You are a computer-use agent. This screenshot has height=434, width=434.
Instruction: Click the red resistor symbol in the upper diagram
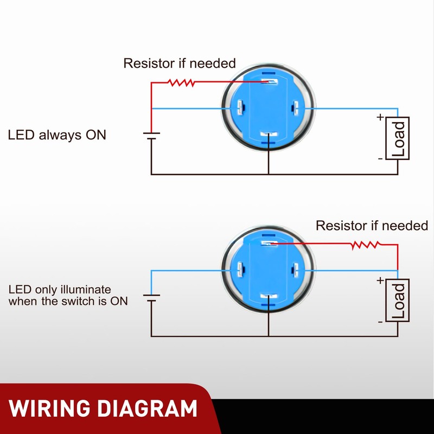[181, 82]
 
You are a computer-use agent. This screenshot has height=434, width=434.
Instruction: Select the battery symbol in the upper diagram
[151, 135]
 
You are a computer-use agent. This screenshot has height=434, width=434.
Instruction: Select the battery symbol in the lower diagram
[151, 298]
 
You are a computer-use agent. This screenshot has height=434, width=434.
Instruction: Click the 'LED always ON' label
[57, 135]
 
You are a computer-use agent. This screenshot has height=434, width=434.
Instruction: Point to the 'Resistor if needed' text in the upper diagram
[180, 63]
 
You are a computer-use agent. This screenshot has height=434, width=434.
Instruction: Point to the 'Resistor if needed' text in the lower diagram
[372, 225]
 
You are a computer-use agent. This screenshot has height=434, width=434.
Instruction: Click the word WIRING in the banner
[54, 409]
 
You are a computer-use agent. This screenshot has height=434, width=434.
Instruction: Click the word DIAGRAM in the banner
[150, 409]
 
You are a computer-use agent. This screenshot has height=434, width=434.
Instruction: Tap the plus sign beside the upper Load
[380, 117]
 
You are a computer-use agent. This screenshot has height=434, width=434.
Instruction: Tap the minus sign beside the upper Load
[380, 158]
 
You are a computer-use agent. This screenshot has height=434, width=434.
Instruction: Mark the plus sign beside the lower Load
[380, 280]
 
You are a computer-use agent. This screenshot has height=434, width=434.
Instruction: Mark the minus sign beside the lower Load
[380, 321]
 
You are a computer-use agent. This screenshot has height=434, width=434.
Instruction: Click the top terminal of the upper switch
[269, 82]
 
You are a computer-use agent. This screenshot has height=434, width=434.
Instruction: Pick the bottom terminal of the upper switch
[269, 135]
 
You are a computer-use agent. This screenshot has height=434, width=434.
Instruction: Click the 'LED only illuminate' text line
[60, 290]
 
